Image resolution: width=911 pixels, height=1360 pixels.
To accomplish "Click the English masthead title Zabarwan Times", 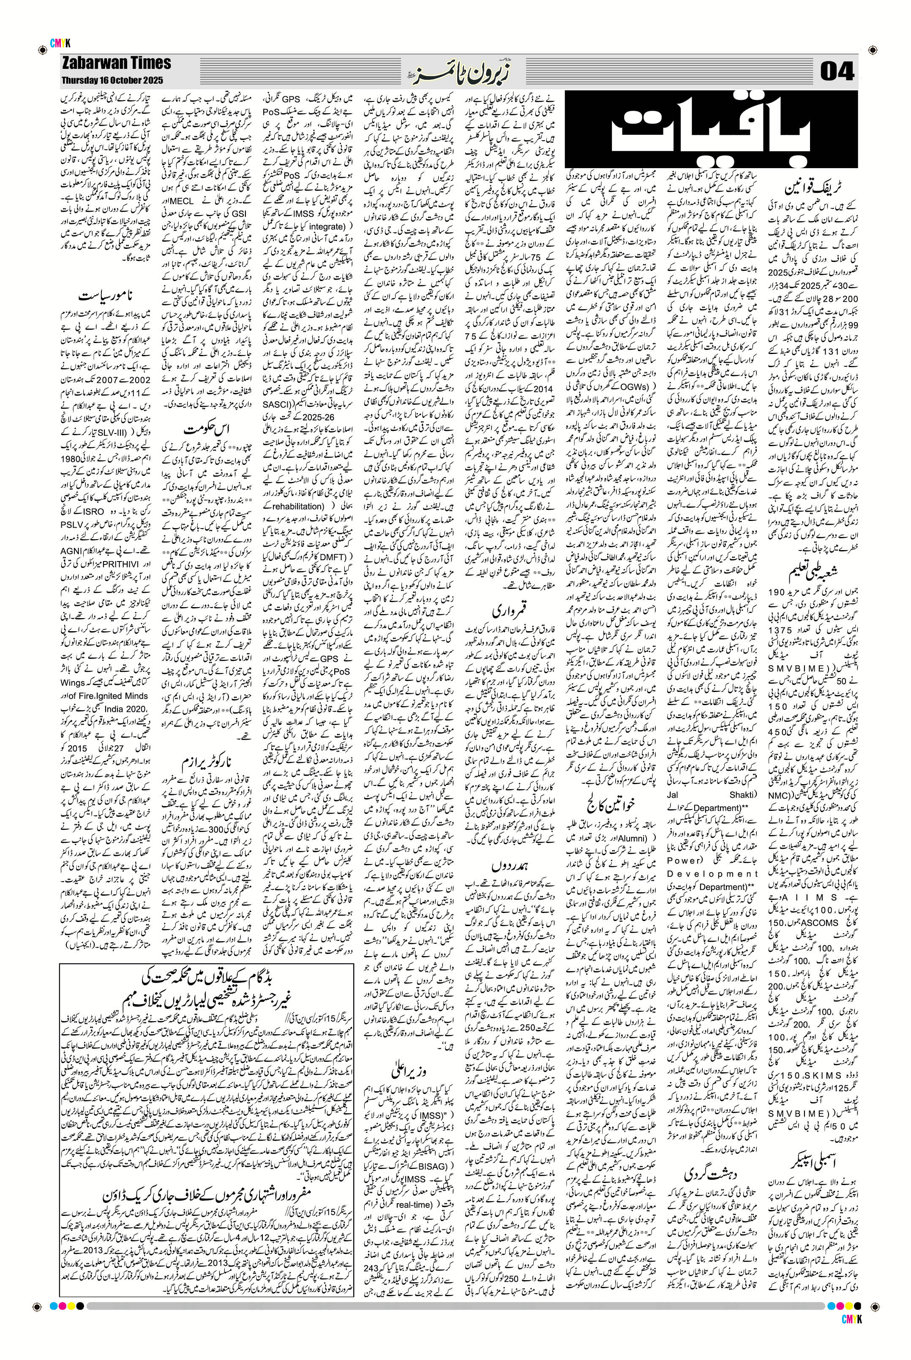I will tap(116, 63).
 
